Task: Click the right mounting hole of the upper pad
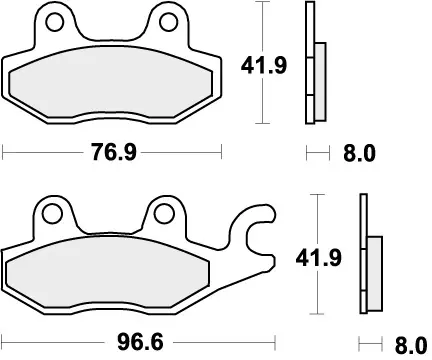pyautogui.click(x=164, y=21)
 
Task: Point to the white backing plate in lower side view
pyautogui.click(x=364, y=255)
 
